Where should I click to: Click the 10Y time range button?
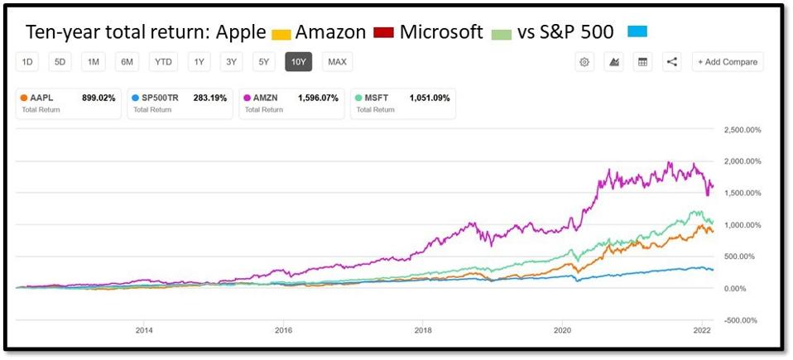point(298,62)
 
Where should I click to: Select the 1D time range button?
point(27,62)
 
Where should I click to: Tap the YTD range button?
point(162,62)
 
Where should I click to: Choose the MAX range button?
point(337,62)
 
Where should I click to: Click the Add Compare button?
point(728,62)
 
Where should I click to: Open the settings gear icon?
point(584,62)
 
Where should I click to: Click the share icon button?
point(671,62)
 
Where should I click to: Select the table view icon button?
point(642,62)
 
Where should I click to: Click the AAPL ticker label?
point(41,98)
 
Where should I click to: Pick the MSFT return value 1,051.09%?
point(430,98)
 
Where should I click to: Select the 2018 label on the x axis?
point(422,329)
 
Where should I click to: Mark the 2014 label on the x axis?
point(143,329)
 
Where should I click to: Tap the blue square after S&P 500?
point(636,33)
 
